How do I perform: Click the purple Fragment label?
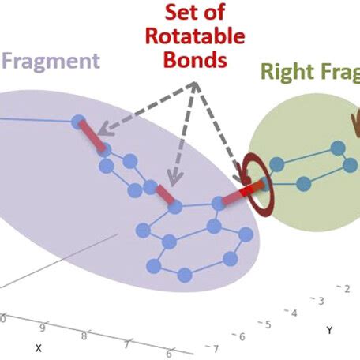[52, 61]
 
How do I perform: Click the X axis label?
[37, 347]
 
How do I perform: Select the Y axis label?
[328, 330]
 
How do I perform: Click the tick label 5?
[268, 324]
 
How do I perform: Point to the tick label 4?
[294, 313]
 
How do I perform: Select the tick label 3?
[320, 301]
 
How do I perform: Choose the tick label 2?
[346, 289]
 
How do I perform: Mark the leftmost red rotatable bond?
[92, 135]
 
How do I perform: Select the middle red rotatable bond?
[165, 194]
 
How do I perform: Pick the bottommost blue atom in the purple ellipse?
[184, 274]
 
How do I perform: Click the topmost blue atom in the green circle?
[337, 148]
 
